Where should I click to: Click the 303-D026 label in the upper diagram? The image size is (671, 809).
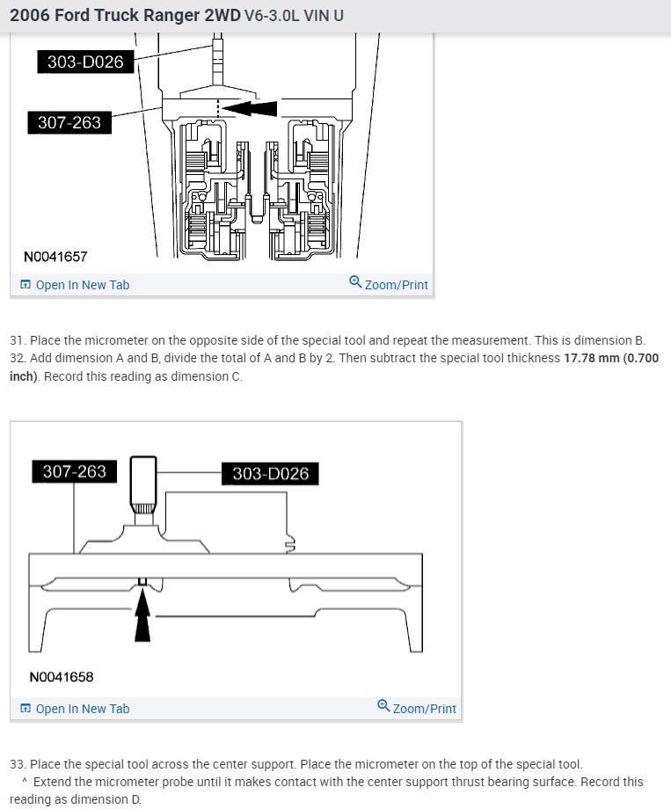[85, 62]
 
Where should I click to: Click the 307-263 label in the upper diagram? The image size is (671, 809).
[69, 122]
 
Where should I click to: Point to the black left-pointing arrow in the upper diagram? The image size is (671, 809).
[251, 108]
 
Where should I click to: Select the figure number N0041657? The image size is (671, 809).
[55, 257]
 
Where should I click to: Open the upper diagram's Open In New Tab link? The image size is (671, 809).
[82, 285]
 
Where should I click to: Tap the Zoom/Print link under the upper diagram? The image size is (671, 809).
[396, 285]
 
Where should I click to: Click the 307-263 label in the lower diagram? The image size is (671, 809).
[75, 471]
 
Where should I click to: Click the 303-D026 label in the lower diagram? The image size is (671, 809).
[271, 474]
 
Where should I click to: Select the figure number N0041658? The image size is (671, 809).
[61, 677]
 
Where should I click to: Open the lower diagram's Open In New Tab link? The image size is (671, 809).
[82, 709]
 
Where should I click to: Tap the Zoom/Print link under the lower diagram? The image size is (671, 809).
[424, 709]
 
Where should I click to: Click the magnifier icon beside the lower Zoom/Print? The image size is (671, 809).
[383, 707]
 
